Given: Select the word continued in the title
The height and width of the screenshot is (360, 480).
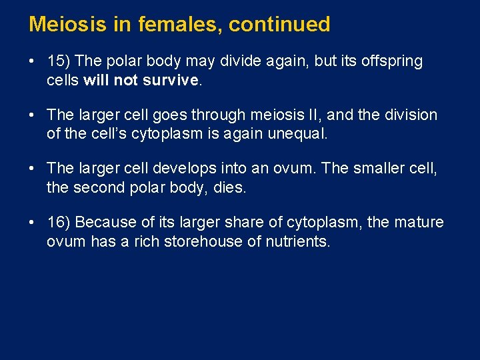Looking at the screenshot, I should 280,25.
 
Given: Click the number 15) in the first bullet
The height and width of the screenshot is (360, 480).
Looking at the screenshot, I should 59,61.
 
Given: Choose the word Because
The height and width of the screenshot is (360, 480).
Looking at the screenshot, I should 103,222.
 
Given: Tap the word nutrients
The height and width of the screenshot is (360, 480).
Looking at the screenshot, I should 297,241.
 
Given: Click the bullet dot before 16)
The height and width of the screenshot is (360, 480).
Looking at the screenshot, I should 32,222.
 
